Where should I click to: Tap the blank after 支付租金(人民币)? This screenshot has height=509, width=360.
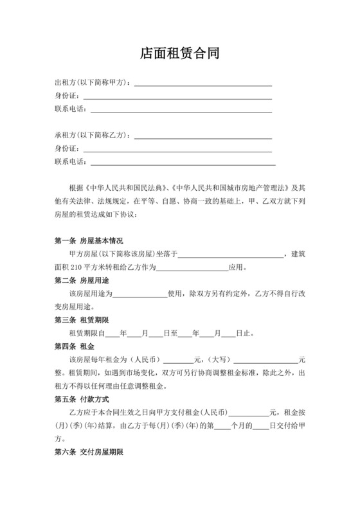[249, 413]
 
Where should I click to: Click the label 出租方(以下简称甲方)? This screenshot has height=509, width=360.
[95, 83]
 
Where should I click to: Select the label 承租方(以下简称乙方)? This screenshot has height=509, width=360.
[95, 136]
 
